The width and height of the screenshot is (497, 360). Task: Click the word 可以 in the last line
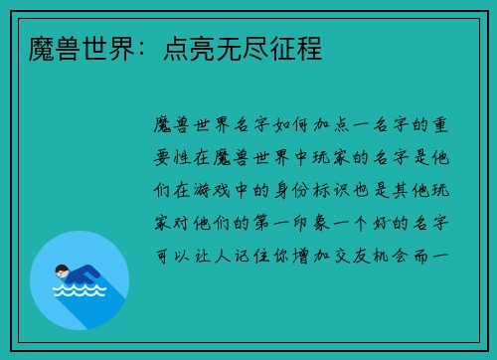(165, 255)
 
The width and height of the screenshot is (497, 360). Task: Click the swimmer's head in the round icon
(62, 271)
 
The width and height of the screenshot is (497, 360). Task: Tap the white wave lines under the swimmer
(80, 291)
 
